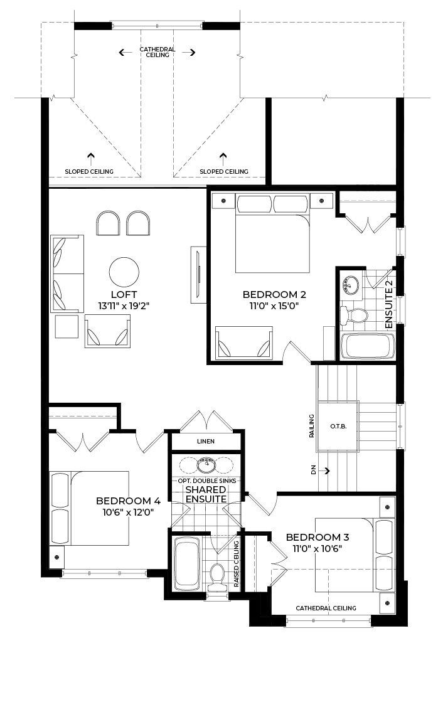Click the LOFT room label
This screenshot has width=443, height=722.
point(124,295)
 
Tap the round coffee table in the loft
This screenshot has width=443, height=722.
point(124,272)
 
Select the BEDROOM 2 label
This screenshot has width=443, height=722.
point(274,295)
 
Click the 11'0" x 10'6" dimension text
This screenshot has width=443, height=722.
point(318,548)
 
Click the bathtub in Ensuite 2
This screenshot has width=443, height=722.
point(367,346)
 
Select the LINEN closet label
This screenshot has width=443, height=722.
point(206,441)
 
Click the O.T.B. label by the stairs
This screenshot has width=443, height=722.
point(338,427)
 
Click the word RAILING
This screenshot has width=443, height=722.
point(312,426)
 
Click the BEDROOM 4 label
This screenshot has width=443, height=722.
point(128,501)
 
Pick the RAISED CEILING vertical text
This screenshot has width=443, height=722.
point(237,563)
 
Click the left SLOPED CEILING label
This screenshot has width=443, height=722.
point(89,172)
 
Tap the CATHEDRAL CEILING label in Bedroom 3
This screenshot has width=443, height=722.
point(326,608)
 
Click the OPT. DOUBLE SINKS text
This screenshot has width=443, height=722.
point(207,480)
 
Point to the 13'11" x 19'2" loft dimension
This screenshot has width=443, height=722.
point(124,305)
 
